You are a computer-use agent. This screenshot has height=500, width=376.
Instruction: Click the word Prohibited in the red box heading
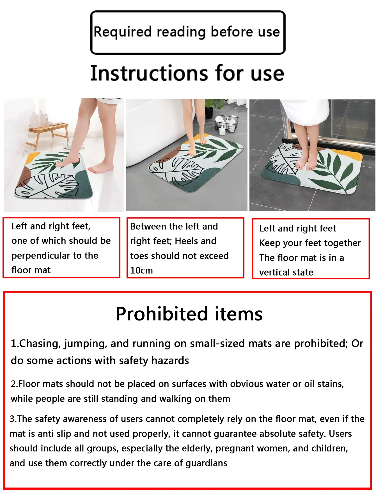[x=162, y=314]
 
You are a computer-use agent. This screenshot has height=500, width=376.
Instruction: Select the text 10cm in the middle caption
[x=141, y=270]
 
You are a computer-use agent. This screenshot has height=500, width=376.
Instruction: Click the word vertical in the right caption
[x=275, y=272]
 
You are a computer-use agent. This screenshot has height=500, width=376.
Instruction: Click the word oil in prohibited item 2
[x=309, y=384]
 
